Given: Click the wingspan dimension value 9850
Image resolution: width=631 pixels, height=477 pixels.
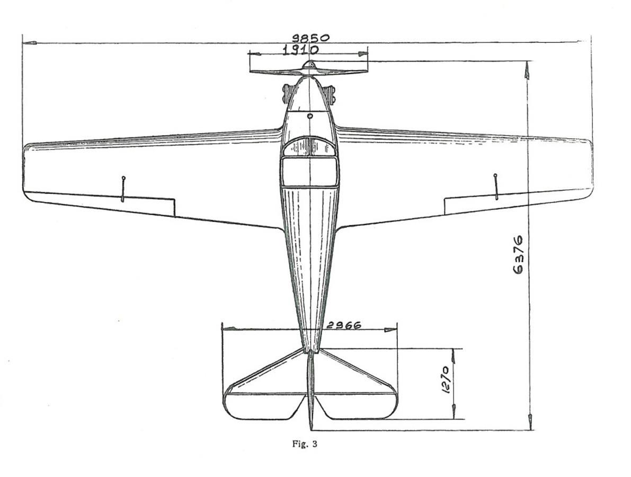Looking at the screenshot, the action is click(x=310, y=38).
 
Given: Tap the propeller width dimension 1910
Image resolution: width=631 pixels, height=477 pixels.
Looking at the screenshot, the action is click(x=300, y=50).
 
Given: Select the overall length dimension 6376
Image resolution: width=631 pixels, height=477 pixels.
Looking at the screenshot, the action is click(x=518, y=255).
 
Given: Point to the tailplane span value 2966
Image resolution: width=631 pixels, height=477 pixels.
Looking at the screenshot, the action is click(x=343, y=325).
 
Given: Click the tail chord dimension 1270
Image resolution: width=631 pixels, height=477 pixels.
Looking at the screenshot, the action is click(x=446, y=379).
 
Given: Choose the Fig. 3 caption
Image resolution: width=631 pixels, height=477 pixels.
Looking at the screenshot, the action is click(x=305, y=444).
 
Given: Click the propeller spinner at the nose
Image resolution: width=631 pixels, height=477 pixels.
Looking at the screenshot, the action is click(x=309, y=65).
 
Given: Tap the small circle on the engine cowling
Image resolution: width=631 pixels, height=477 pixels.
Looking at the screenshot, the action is click(x=310, y=116).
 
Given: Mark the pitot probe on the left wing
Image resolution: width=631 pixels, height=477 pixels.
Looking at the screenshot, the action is click(x=123, y=189).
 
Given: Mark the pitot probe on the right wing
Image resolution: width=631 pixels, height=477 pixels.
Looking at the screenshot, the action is click(x=496, y=187).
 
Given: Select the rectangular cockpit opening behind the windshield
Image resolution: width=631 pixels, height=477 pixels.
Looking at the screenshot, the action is click(x=309, y=172).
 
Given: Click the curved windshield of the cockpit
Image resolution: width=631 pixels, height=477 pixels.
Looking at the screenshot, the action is click(x=309, y=146).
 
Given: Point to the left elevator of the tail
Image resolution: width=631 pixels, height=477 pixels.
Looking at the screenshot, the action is click(x=264, y=406).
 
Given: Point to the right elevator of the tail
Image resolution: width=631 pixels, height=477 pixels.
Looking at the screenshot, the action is click(x=356, y=406).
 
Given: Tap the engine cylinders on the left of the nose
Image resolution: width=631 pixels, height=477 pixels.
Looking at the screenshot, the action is click(x=287, y=94).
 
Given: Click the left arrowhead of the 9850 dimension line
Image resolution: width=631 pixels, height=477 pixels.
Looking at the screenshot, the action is click(x=30, y=42).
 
